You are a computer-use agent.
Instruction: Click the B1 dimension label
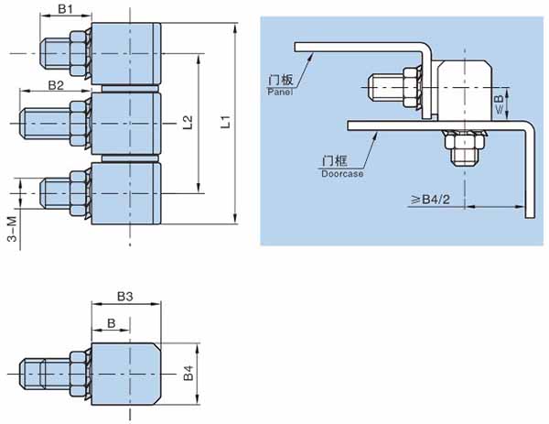coord(66,9)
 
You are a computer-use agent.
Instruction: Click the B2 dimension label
coord(56,85)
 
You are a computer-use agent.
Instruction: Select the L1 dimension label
coord(227,122)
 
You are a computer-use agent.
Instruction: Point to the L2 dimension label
coord(188,123)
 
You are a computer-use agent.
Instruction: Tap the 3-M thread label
coord(12,229)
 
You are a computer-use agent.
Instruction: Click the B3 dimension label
coord(125,297)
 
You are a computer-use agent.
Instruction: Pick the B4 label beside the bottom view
coord(188,373)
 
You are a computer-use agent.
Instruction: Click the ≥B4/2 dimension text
coord(431,200)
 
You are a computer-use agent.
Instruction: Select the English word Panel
coord(280,92)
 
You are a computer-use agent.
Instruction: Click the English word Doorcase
coord(342,173)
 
